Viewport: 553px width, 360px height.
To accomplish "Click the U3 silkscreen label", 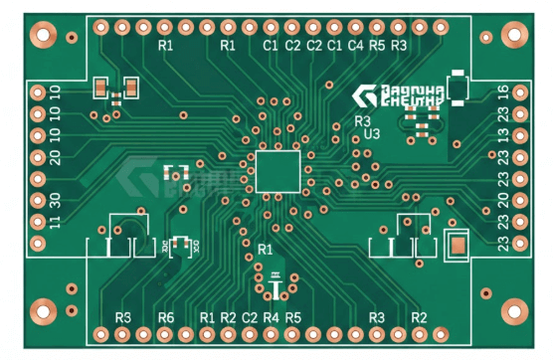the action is [373, 133].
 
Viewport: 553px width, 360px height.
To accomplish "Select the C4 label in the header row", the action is [355, 46].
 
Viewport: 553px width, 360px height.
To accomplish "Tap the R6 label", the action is [165, 317].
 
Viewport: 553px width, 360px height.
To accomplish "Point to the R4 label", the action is [272, 317].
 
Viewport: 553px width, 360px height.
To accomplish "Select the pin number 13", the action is [503, 135].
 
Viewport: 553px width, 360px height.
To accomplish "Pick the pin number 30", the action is [55, 199].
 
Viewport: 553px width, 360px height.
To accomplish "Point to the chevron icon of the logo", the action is [364, 96].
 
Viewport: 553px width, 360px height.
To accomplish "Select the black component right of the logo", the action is [458, 89].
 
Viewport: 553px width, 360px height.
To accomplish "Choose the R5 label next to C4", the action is [377, 46].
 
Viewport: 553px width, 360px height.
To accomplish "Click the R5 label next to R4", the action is [292, 317].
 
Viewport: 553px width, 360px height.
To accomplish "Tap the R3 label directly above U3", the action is [363, 120].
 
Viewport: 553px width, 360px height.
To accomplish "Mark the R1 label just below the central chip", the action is [265, 248].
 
